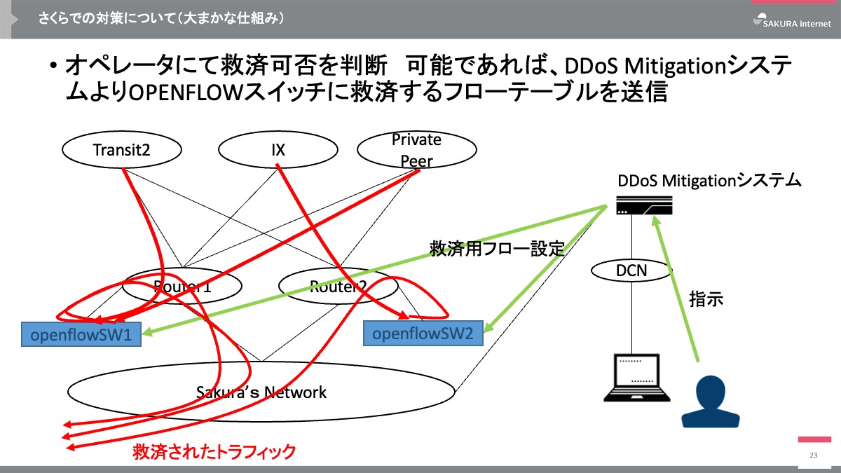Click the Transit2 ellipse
[121, 149]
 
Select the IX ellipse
[278, 149]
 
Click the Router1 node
[182, 285]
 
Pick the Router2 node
[338, 285]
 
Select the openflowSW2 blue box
[423, 333]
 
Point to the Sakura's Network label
[261, 392]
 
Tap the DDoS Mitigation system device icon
[644, 205]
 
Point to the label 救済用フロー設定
[497, 249]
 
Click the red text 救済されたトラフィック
[214, 451]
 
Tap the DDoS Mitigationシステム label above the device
[709, 180]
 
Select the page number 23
[813, 455]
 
